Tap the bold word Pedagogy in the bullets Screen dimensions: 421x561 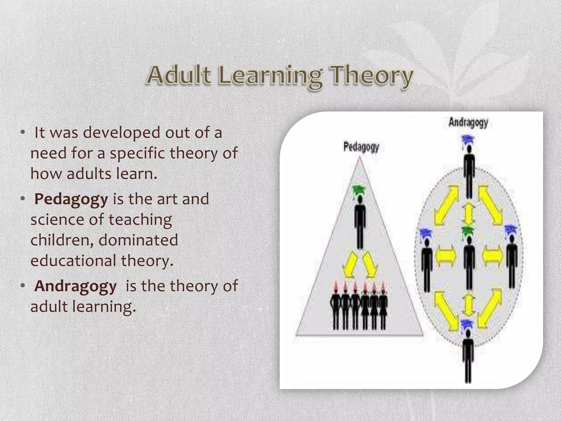(x=71, y=199)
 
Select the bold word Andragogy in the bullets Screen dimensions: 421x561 (x=76, y=286)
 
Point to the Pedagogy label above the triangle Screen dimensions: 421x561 (x=361, y=147)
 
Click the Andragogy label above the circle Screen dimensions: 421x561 (x=468, y=122)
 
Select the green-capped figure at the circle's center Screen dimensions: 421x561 (x=469, y=260)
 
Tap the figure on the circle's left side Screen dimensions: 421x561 (x=427, y=263)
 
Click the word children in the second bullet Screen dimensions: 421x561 (x=62, y=240)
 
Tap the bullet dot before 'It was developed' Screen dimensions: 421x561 (x=23, y=133)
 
